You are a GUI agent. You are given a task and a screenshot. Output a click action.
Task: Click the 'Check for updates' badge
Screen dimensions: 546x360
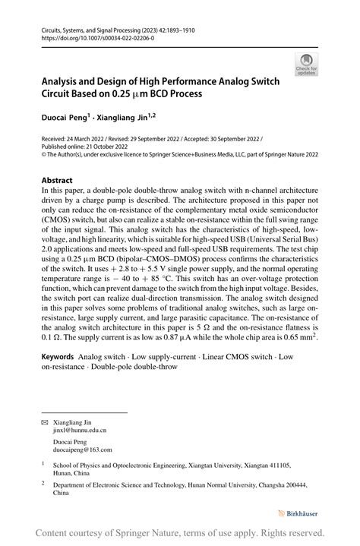coord(307,65)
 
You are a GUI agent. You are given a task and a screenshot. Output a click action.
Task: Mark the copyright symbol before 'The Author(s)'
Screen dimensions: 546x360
coord(43,154)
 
